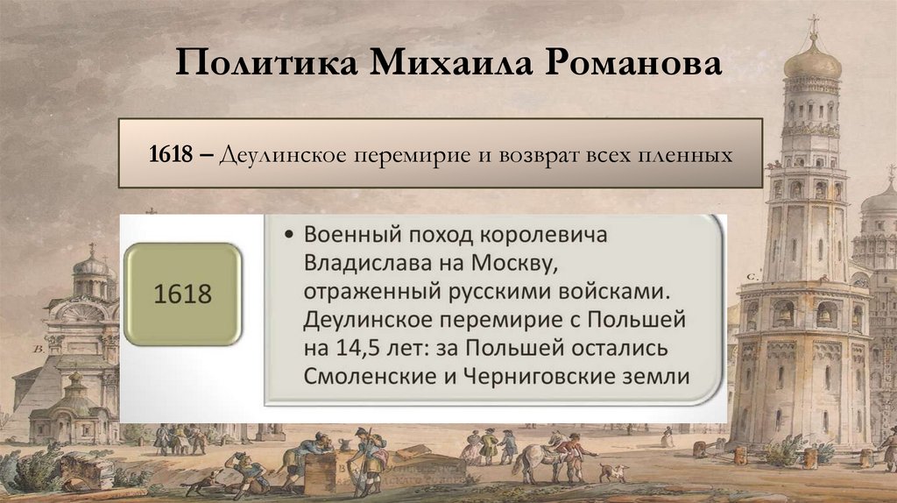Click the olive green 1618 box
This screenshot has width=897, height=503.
click(183, 294)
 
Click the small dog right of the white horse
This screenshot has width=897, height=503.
click(611, 472)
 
